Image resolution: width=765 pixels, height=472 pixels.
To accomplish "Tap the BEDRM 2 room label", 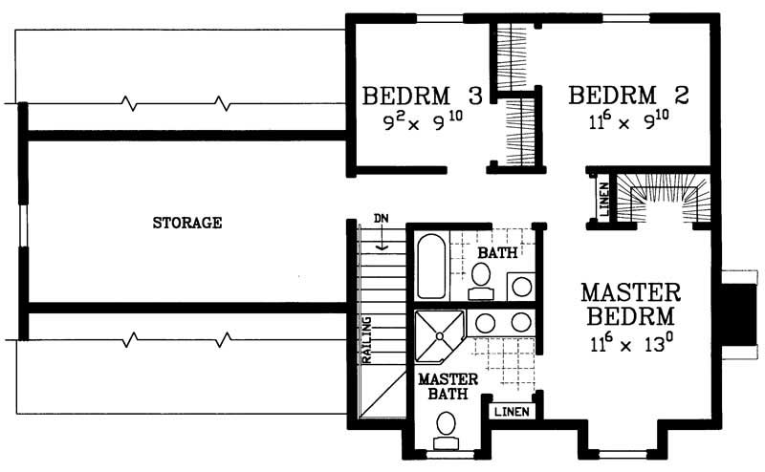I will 627,97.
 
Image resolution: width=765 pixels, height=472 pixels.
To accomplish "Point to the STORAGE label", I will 187,225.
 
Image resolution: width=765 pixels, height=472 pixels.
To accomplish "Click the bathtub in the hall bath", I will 430,268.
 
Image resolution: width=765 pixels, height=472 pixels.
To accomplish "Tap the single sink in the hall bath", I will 521,285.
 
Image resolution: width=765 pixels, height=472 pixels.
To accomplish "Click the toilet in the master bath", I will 446,427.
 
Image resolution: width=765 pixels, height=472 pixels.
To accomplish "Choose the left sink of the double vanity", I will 485,322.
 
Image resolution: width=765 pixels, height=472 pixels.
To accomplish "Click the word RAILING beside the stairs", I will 366,338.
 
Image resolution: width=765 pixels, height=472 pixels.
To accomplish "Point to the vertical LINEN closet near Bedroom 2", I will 602,201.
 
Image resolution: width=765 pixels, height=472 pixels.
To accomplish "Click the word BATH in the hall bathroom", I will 498,253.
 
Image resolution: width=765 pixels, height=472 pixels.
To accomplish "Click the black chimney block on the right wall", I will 737,315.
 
